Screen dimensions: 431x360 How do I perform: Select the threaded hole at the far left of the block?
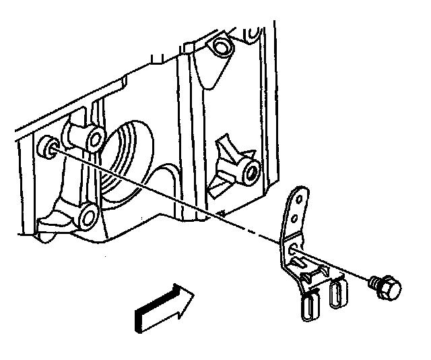point(47,146)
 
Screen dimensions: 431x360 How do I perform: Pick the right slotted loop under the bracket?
point(336,295)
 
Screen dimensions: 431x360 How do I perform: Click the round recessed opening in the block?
point(128,162)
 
